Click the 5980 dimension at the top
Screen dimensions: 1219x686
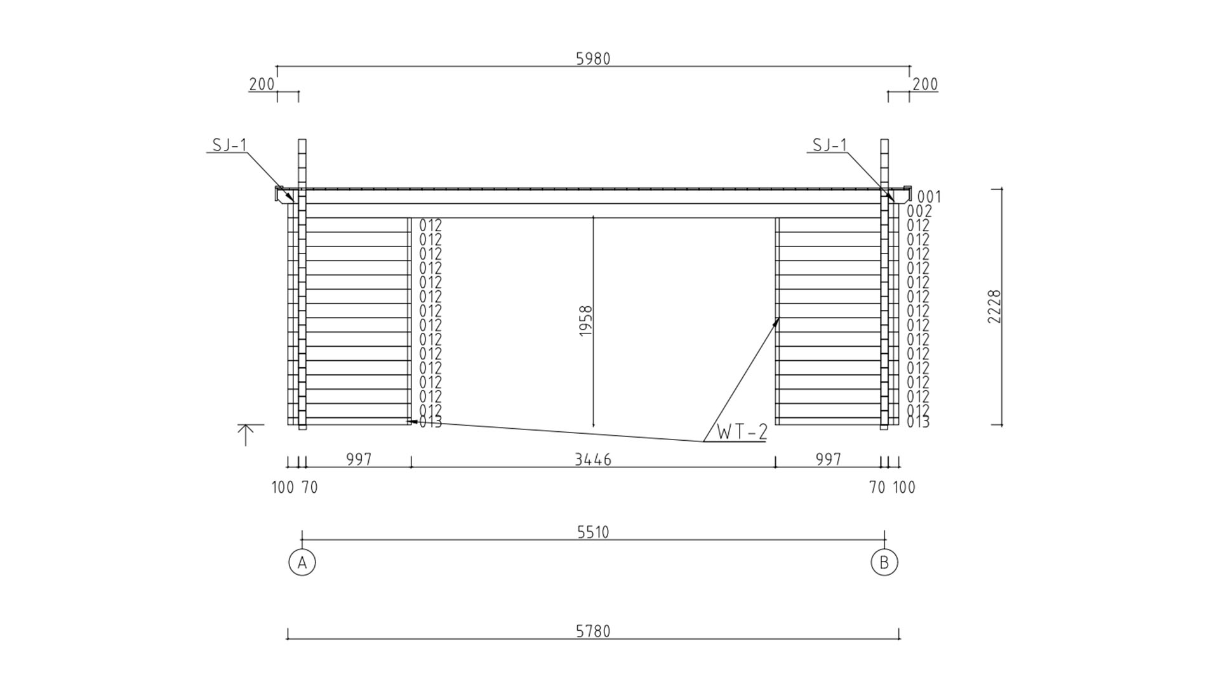pos(593,59)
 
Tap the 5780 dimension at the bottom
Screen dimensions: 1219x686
pos(593,631)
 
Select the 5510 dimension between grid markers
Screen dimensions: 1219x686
pos(593,532)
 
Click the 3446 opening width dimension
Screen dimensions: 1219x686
pos(593,459)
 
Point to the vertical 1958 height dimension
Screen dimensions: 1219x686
pos(586,321)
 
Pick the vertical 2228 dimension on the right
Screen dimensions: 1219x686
pos(994,307)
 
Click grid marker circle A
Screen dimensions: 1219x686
pos(302,562)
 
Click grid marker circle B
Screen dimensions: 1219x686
pos(884,562)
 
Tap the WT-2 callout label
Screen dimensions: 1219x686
pos(742,432)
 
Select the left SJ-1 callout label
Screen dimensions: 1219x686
pos(229,145)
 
